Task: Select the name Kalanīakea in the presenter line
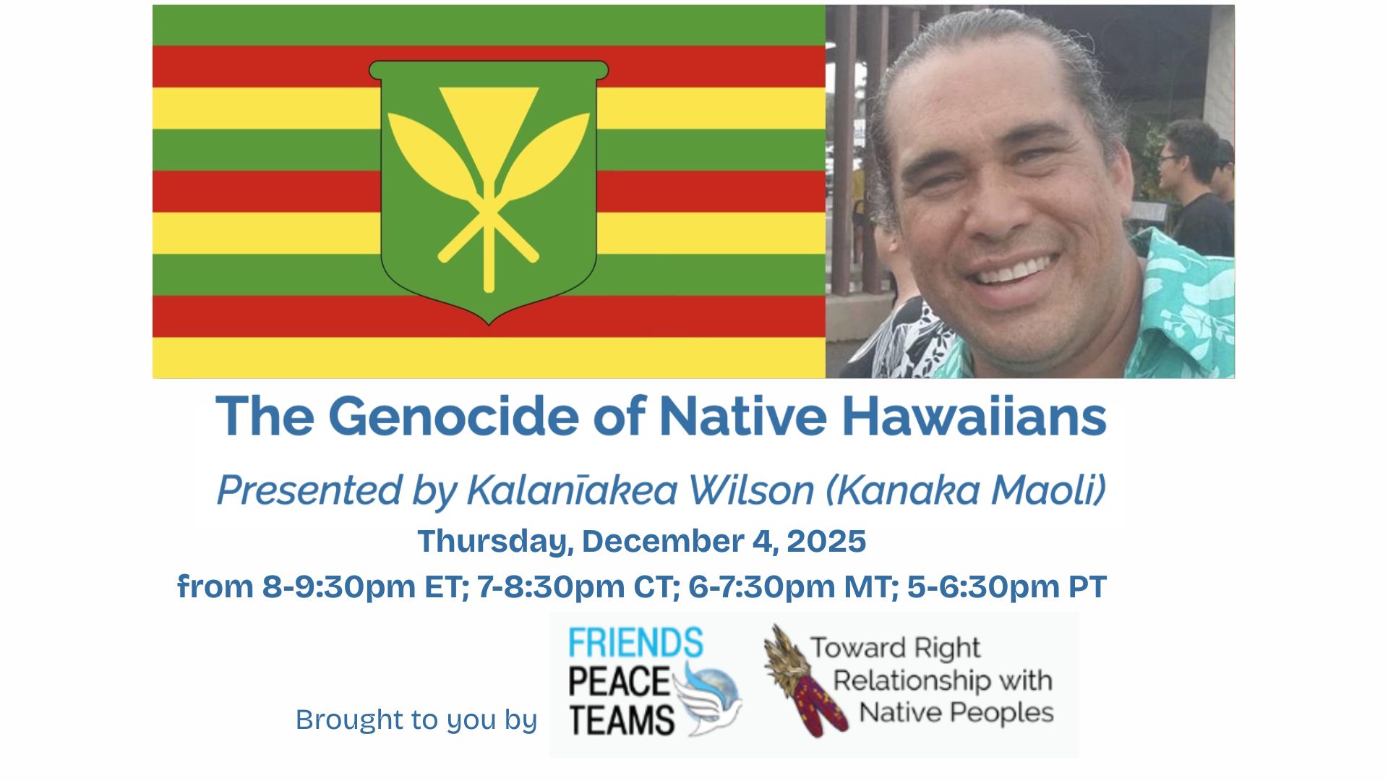(x=572, y=490)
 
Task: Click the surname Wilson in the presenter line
(x=751, y=490)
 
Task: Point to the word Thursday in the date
(x=495, y=542)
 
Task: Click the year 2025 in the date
(x=826, y=541)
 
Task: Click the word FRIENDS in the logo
(x=635, y=642)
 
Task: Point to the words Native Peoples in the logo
(x=956, y=712)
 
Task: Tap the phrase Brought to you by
(x=416, y=720)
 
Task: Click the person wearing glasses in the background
(x=1193, y=188)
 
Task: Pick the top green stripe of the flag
(x=489, y=25)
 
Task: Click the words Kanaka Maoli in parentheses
(x=971, y=490)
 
